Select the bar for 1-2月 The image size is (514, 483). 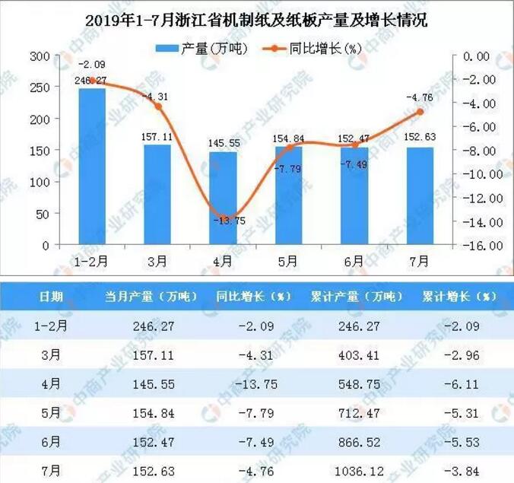(x=92, y=166)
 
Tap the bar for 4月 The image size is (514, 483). (x=223, y=198)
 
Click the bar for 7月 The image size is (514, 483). (x=418, y=196)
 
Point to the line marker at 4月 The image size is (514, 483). (x=223, y=218)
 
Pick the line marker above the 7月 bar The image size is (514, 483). (x=418, y=112)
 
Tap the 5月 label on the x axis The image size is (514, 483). (x=288, y=261)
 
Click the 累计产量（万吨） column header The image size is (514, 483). (x=356, y=296)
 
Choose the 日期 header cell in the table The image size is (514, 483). (x=52, y=296)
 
